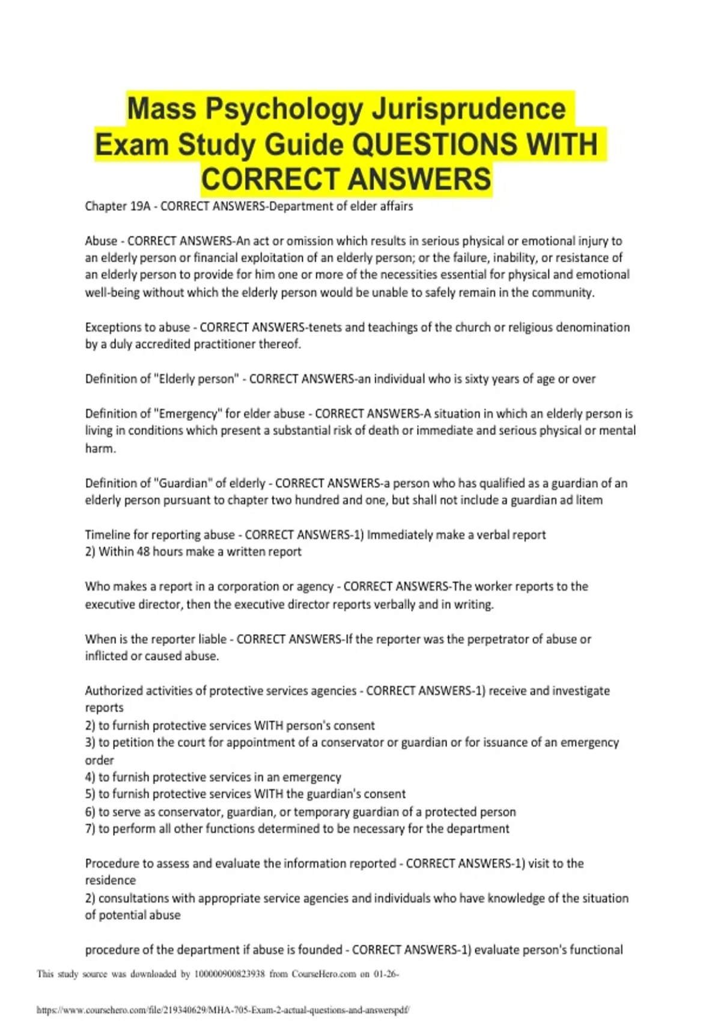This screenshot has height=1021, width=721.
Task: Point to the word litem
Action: (x=589, y=500)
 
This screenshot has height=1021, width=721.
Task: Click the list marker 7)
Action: (x=90, y=829)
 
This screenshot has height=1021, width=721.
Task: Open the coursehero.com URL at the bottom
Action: (x=223, y=1010)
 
